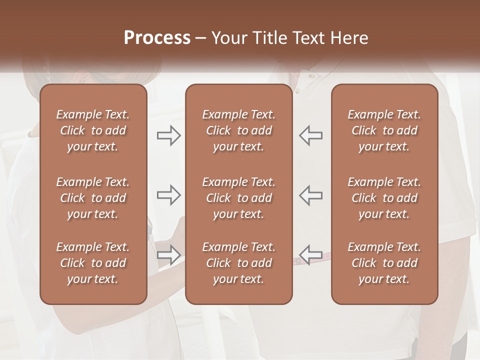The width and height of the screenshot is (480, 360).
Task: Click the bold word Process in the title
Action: pyautogui.click(x=157, y=37)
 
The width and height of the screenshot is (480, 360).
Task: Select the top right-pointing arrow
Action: pyautogui.click(x=168, y=135)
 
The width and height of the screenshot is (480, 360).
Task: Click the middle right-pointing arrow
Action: pyautogui.click(x=168, y=194)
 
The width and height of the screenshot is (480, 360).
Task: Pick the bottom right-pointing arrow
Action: pyautogui.click(x=168, y=254)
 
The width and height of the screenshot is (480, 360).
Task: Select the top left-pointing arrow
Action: pyautogui.click(x=311, y=135)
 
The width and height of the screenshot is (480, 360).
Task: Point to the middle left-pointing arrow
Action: pyautogui.click(x=311, y=194)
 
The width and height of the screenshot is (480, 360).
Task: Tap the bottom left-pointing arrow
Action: pyautogui.click(x=311, y=254)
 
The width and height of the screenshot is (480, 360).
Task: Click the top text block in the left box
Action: pyautogui.click(x=93, y=130)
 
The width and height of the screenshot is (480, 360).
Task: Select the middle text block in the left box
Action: pyautogui.click(x=93, y=198)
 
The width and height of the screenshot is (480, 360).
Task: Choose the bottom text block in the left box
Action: pyautogui.click(x=93, y=263)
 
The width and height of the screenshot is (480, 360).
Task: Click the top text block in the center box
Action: pyautogui.click(x=239, y=130)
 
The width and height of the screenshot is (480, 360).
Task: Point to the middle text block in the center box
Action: pyautogui.click(x=239, y=198)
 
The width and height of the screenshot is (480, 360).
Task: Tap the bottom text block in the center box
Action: pyautogui.click(x=239, y=263)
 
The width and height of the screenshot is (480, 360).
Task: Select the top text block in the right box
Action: pyautogui.click(x=384, y=130)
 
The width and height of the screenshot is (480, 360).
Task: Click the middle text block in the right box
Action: pyautogui.click(x=384, y=198)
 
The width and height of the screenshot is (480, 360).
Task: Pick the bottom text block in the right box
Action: pyautogui.click(x=384, y=263)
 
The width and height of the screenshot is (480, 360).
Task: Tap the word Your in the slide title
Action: pyautogui.click(x=228, y=37)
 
